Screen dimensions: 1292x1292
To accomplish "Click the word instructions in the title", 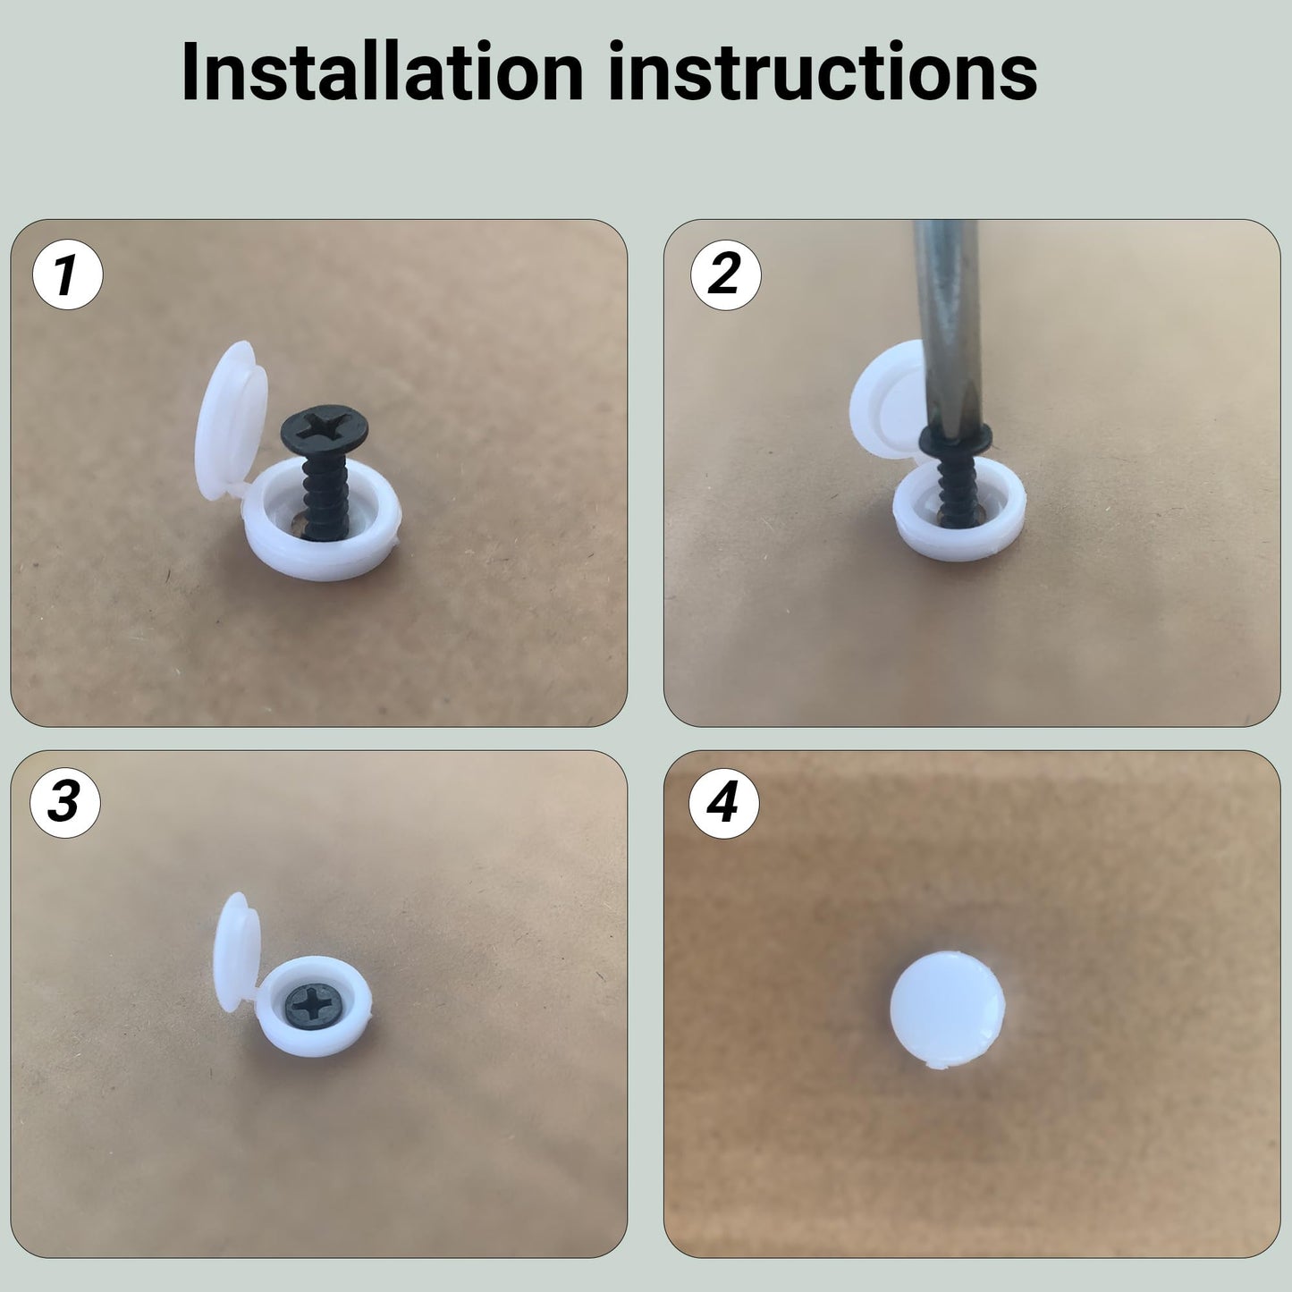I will point(822,72).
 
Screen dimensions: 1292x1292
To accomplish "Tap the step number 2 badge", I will point(725,274).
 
